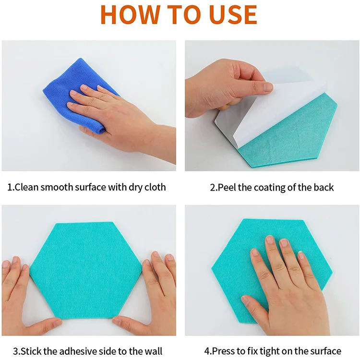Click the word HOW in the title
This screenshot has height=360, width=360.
coord(131,14)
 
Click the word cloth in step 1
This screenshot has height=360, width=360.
coord(155,187)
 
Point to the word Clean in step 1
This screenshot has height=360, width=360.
coord(26,187)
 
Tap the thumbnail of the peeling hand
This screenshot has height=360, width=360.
coord(268,87)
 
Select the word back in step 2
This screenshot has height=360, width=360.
coord(324,187)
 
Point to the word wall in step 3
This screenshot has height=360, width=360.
coord(154,351)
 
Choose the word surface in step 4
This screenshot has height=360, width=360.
coord(326,351)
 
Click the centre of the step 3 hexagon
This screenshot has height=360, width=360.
coord(85,270)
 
